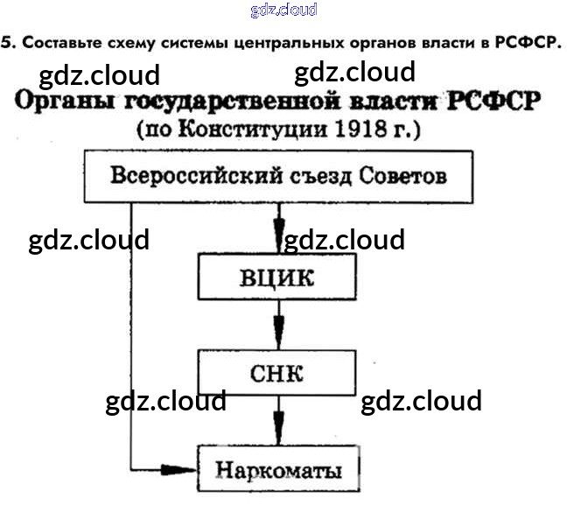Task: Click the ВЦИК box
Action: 276,278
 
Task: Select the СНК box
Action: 276,374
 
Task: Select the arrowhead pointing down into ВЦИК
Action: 278,241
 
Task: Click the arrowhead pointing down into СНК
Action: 278,337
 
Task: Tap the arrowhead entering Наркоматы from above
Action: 278,434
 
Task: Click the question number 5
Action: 6,42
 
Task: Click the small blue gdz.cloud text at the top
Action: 283,10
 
